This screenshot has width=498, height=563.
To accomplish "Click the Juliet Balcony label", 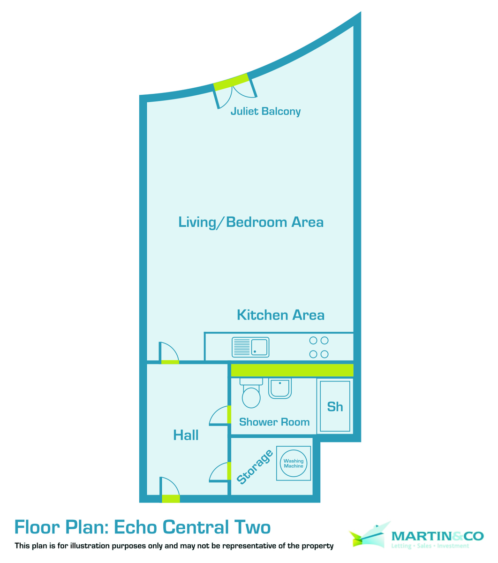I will point(265,112).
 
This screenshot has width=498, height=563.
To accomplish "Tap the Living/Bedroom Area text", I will point(251,222).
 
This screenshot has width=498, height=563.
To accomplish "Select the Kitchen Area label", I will point(280,315).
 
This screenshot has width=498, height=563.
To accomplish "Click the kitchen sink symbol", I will point(250,347).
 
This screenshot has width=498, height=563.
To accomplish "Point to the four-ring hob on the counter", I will point(319,347).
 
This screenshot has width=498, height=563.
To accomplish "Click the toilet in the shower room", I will point(250,395).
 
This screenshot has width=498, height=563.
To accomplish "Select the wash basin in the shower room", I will point(280,388).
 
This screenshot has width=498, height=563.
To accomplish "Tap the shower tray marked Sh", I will point(334,406).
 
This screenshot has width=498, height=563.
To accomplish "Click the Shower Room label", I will point(274,422).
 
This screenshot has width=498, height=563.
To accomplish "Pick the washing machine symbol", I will point(294,463).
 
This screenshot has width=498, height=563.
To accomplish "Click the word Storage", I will point(255,467).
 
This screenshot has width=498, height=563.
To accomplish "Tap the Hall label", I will point(186,435).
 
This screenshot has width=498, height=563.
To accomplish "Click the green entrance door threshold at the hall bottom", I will point(171,499).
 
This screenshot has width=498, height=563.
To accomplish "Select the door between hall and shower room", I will point(220,416).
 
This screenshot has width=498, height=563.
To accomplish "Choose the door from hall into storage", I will point(220,472).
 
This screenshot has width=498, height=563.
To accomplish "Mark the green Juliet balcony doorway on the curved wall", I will point(231,82).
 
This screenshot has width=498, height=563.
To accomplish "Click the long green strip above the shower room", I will point(292,370).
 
